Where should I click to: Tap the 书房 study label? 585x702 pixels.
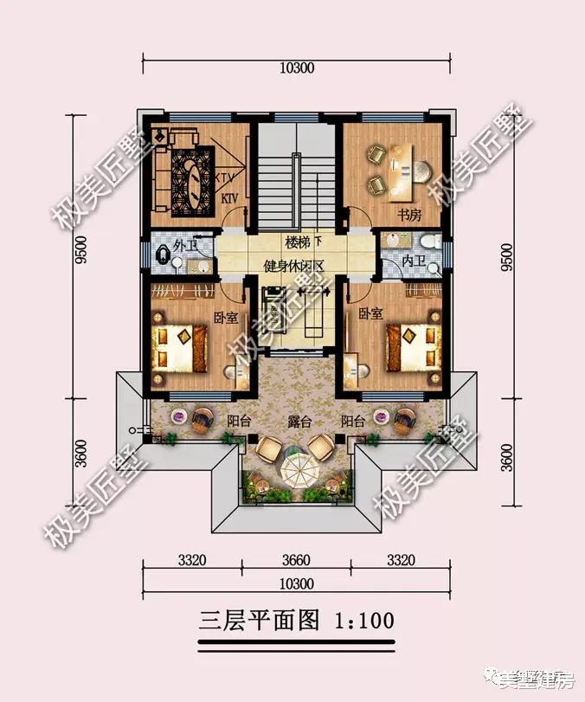tap(397, 214)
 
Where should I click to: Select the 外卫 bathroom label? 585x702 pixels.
tap(185, 246)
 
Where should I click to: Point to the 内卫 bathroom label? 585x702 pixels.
tap(414, 261)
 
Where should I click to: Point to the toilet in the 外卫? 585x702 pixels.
tap(164, 254)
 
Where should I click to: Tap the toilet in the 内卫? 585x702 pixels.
tap(429, 242)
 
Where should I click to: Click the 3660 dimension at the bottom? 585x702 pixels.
tap(296, 559)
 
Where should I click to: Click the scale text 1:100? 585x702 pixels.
tap(362, 620)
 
